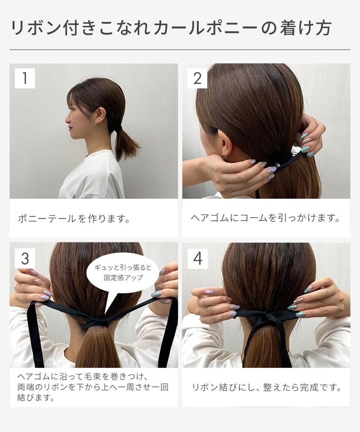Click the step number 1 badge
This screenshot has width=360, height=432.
[x=24, y=78]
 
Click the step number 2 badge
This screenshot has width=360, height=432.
[x=197, y=78]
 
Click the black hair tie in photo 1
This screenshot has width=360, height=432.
[x=119, y=127]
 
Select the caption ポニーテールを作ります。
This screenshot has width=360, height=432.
[x=74, y=219]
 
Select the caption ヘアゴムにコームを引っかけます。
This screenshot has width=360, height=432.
[x=265, y=218]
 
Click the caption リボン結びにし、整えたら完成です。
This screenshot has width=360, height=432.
[x=266, y=387]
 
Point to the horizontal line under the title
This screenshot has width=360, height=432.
[x=180, y=50]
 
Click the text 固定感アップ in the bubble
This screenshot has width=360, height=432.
[x=124, y=278]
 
